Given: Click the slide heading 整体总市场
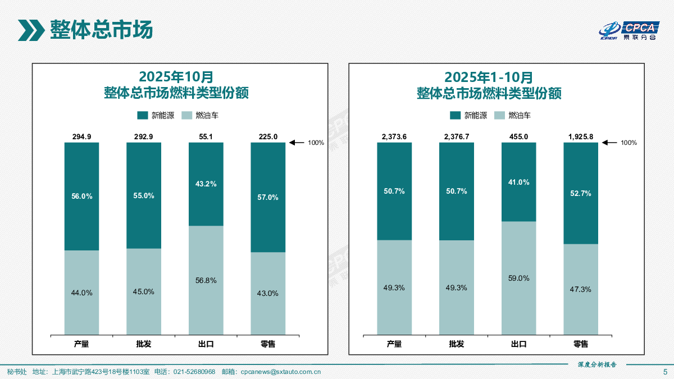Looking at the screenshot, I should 101,30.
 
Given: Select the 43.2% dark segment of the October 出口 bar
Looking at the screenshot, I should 206,184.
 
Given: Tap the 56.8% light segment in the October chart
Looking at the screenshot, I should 206,280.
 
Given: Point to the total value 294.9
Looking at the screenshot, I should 81,136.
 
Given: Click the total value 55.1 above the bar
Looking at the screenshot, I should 206,136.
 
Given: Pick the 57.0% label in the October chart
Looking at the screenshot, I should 268,197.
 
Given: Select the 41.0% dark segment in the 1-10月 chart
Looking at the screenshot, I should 518,182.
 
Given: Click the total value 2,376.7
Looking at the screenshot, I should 457,136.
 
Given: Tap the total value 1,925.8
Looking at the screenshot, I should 581,136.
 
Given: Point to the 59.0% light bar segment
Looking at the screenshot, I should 518,278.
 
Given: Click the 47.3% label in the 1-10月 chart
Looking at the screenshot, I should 581,289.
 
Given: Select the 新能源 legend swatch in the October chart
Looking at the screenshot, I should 143,116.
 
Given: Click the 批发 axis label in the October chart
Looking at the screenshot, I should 144,344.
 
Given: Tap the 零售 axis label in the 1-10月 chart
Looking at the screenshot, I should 581,344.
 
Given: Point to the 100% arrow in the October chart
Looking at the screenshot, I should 297,143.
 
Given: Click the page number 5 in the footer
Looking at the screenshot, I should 666,372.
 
